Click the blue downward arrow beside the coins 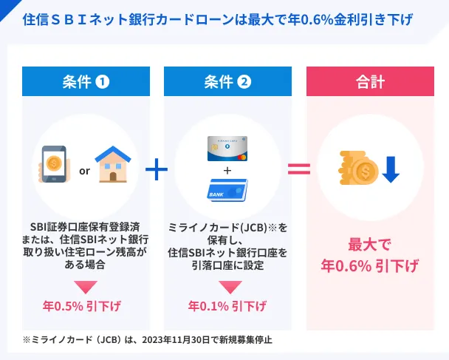(391, 169)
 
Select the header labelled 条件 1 (86, 81)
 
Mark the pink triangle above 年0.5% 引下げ (86, 285)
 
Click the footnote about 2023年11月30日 (147, 341)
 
